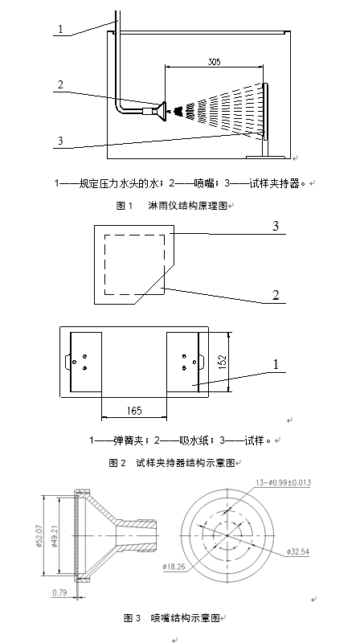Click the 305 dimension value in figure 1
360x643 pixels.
pos(214,62)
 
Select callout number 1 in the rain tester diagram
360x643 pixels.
pos(61,29)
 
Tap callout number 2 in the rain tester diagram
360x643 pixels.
pos(61,85)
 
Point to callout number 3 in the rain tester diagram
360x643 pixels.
pos(61,141)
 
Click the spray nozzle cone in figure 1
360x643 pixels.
pos(161,111)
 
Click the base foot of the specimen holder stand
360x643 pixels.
pos(265,157)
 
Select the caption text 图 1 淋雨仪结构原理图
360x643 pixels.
pos(172,206)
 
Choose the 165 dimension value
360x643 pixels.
pos(134,411)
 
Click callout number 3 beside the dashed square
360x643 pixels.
pos(276,226)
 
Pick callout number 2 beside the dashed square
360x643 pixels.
pos(276,295)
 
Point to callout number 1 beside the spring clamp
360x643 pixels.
pos(276,364)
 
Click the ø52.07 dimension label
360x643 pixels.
pos(40,536)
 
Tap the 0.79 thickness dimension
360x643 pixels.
pos(59,592)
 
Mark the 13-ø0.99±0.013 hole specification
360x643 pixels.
pos(284,483)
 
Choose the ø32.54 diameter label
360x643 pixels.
pos(297,551)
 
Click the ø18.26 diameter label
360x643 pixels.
pos(174,567)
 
